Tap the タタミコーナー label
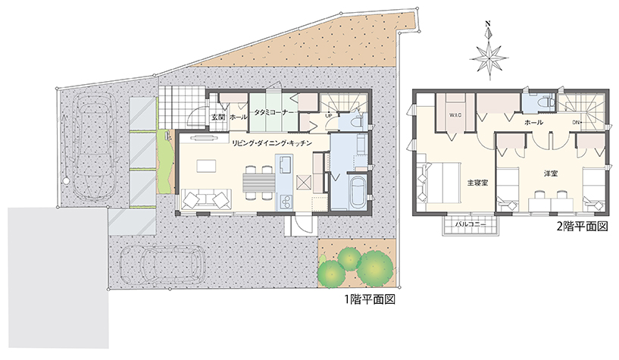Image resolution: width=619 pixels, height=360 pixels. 274,112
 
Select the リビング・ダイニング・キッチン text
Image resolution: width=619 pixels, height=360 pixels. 272,143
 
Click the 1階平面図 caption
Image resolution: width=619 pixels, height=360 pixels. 370,299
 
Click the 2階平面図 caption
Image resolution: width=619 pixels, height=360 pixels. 583,227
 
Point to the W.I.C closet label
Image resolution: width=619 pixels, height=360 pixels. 455,115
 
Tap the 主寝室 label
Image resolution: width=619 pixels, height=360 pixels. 477,183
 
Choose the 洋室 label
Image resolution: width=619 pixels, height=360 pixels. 551,174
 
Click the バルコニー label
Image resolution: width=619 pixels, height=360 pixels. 471,224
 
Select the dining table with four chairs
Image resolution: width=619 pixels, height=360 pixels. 258,183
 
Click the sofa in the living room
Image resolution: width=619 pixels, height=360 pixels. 206,199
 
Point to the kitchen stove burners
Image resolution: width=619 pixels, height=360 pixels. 285,202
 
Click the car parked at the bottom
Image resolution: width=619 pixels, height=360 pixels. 162,265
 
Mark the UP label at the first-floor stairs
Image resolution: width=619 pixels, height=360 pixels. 329,116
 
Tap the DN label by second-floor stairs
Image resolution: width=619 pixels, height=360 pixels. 576,122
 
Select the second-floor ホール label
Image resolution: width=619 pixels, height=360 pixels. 533,122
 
